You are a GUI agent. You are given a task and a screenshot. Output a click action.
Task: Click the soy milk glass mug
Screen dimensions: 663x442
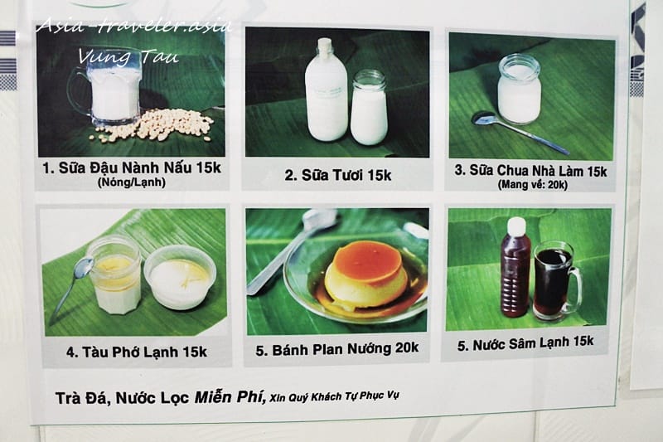[107, 94]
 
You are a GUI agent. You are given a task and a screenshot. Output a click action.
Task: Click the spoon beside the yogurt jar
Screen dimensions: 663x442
[520, 132]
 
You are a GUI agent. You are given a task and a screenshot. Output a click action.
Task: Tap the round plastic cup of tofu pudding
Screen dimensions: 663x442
[180, 277]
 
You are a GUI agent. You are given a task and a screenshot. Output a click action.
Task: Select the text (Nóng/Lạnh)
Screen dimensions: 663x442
[132, 182]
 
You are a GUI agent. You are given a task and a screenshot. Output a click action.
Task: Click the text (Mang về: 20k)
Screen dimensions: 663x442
[532, 184]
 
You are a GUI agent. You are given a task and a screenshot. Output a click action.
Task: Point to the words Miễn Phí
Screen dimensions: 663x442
[230, 396]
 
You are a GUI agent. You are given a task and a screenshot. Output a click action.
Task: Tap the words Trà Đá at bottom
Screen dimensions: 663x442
[83, 398]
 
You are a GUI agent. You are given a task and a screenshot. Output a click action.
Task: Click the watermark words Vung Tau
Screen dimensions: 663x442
[128, 56]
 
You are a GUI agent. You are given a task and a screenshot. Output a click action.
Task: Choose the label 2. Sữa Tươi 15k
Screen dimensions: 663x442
[337, 175]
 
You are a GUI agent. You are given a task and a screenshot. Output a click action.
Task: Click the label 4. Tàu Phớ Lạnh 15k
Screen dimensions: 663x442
[136, 352]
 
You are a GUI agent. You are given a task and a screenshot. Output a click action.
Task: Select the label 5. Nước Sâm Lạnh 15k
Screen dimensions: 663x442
[525, 343]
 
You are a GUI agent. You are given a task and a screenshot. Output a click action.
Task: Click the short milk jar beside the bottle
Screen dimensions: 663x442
[369, 108]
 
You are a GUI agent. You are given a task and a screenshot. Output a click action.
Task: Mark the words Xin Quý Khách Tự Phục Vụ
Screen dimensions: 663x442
[334, 396]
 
